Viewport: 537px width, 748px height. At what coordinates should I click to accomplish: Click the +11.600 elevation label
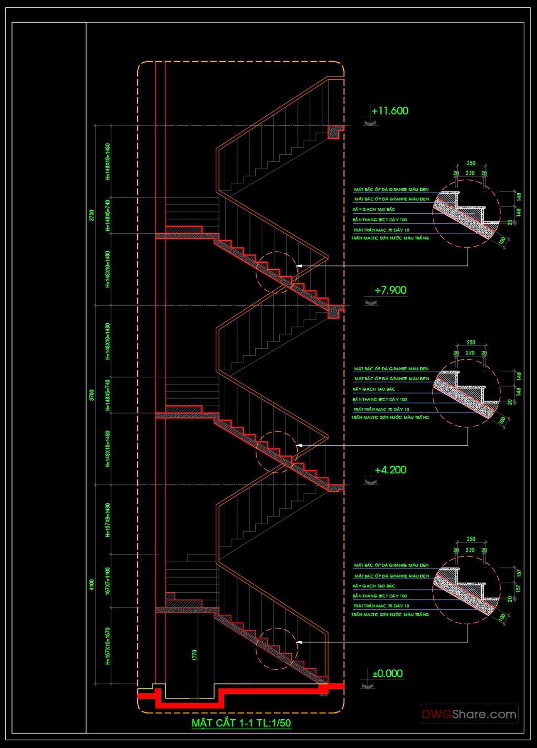pyautogui.click(x=390, y=111)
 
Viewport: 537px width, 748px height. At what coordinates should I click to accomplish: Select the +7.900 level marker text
pyautogui.click(x=390, y=290)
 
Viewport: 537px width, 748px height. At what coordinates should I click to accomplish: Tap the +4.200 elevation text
pyautogui.click(x=390, y=470)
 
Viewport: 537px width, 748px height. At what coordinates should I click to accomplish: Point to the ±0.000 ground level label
pyautogui.click(x=387, y=674)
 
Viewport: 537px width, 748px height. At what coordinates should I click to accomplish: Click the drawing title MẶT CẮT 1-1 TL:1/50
pyautogui.click(x=241, y=723)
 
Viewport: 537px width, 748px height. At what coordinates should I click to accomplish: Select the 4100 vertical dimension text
pyautogui.click(x=92, y=585)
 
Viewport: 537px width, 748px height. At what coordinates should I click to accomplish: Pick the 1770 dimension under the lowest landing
pyautogui.click(x=195, y=655)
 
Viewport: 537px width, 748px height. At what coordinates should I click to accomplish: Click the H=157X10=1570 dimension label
pyautogui.click(x=108, y=646)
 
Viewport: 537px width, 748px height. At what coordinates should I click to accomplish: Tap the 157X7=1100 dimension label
pyautogui.click(x=108, y=581)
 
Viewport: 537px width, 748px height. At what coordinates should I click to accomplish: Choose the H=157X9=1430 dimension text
pyautogui.click(x=108, y=520)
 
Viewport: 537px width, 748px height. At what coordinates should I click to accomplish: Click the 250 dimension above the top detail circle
pyautogui.click(x=470, y=163)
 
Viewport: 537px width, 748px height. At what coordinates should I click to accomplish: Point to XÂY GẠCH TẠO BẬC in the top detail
pyautogui.click(x=374, y=210)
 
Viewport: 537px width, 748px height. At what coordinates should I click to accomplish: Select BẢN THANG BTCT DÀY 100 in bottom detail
pyautogui.click(x=379, y=596)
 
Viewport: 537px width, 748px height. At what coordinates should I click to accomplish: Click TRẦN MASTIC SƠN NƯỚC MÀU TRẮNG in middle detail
pyautogui.click(x=390, y=418)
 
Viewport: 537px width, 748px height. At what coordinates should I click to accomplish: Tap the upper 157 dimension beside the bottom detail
pyautogui.click(x=518, y=573)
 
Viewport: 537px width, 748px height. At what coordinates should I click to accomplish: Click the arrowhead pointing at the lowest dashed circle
pyautogui.click(x=298, y=642)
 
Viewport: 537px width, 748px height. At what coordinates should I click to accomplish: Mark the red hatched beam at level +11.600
pyautogui.click(x=334, y=132)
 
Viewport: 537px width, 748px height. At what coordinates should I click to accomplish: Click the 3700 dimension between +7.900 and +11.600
pyautogui.click(x=92, y=215)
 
